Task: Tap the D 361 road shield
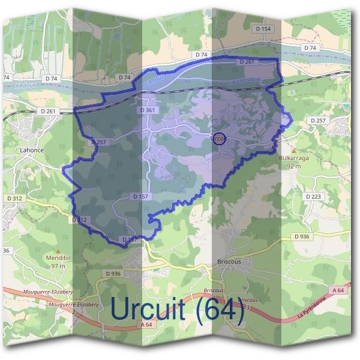click(147, 110)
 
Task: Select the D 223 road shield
click(313, 196)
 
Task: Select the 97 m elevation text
click(58, 266)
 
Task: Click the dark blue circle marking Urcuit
click(219, 139)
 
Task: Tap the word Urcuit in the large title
click(152, 309)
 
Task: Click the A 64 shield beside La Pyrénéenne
click(337, 290)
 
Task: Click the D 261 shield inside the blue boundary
click(247, 62)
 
